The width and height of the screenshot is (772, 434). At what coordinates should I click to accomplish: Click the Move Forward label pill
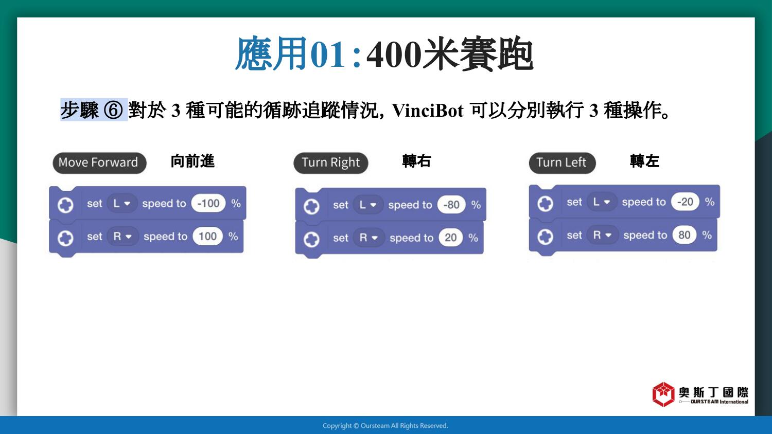(x=99, y=162)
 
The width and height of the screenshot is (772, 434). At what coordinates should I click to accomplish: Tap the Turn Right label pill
(x=330, y=162)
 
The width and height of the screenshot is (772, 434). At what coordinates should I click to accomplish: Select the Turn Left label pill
(x=562, y=162)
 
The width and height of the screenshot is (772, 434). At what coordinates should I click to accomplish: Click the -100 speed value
(x=208, y=203)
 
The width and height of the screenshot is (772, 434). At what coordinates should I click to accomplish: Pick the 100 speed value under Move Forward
(x=207, y=237)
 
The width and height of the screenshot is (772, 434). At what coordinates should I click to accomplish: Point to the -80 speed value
(x=451, y=205)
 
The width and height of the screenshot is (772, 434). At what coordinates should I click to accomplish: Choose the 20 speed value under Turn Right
(x=450, y=238)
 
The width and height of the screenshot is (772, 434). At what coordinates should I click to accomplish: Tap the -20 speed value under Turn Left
(x=685, y=202)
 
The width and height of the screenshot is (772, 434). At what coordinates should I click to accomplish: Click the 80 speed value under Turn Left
(x=684, y=235)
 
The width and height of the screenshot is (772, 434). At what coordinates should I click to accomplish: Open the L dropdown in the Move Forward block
(x=122, y=203)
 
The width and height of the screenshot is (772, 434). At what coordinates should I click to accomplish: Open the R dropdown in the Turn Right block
(x=369, y=238)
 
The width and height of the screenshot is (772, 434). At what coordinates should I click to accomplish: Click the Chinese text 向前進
(x=192, y=161)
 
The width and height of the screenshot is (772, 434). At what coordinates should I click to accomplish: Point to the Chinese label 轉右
(x=417, y=161)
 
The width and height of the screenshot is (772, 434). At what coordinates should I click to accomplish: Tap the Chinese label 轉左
(x=644, y=161)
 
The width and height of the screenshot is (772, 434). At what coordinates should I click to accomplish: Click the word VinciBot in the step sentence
(x=428, y=111)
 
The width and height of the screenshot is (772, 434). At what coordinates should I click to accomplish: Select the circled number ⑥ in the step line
(x=113, y=110)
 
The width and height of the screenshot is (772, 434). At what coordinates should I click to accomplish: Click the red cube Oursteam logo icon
(x=663, y=394)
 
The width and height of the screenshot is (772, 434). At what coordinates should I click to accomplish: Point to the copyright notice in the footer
(x=385, y=426)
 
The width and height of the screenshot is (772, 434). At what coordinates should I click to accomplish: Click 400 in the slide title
(x=394, y=55)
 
